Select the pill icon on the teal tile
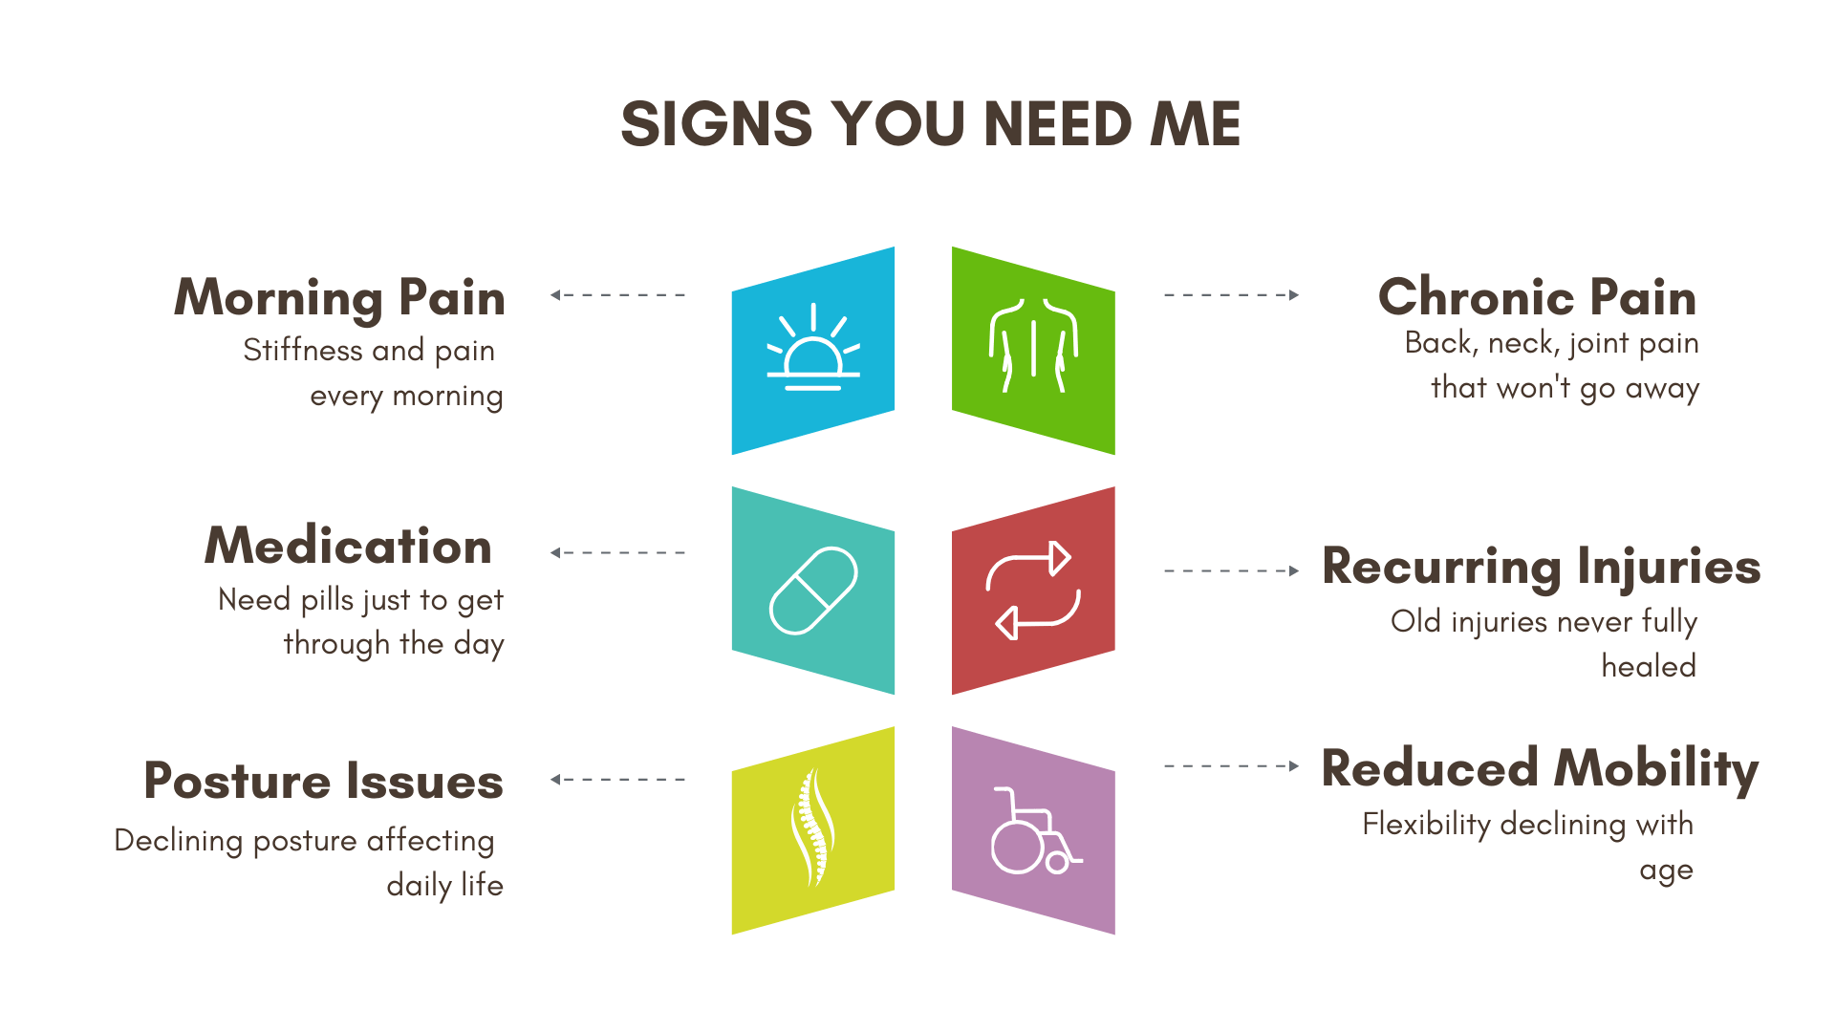click(813, 591)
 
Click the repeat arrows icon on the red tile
click(1033, 590)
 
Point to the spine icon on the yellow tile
click(812, 828)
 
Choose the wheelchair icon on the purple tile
click(1033, 831)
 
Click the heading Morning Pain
click(339, 297)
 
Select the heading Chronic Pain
click(1537, 297)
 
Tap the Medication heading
click(348, 546)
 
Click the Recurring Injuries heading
click(1541, 567)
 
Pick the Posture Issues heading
click(323, 781)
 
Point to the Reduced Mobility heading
click(1540, 768)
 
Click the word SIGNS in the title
click(717, 124)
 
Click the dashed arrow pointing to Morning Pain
click(617, 295)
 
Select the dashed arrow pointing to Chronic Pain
click(1231, 295)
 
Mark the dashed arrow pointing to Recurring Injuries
click(1231, 571)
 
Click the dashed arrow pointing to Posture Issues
click(617, 780)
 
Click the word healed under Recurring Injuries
click(1649, 666)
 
